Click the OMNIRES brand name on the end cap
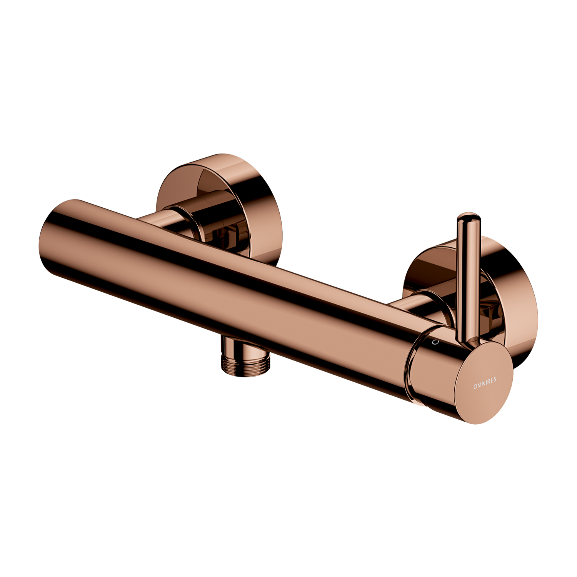coord(485,383)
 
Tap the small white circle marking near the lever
coord(435,342)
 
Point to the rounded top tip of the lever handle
coord(469,217)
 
